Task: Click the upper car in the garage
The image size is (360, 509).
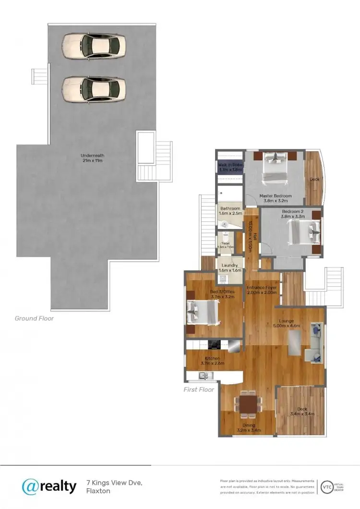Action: [x=94, y=46]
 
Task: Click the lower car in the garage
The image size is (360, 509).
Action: [x=94, y=89]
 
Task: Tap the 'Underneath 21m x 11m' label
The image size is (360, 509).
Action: [x=92, y=158]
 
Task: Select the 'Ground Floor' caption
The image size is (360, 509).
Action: [x=34, y=318]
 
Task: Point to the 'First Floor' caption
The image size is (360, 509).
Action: [x=199, y=389]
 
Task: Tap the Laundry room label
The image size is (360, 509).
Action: [x=230, y=268]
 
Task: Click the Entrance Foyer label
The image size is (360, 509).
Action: [x=262, y=290]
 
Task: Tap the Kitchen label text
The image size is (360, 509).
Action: [x=212, y=361]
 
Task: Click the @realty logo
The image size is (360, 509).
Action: [x=49, y=486]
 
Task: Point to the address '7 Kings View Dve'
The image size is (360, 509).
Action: [x=114, y=482]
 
